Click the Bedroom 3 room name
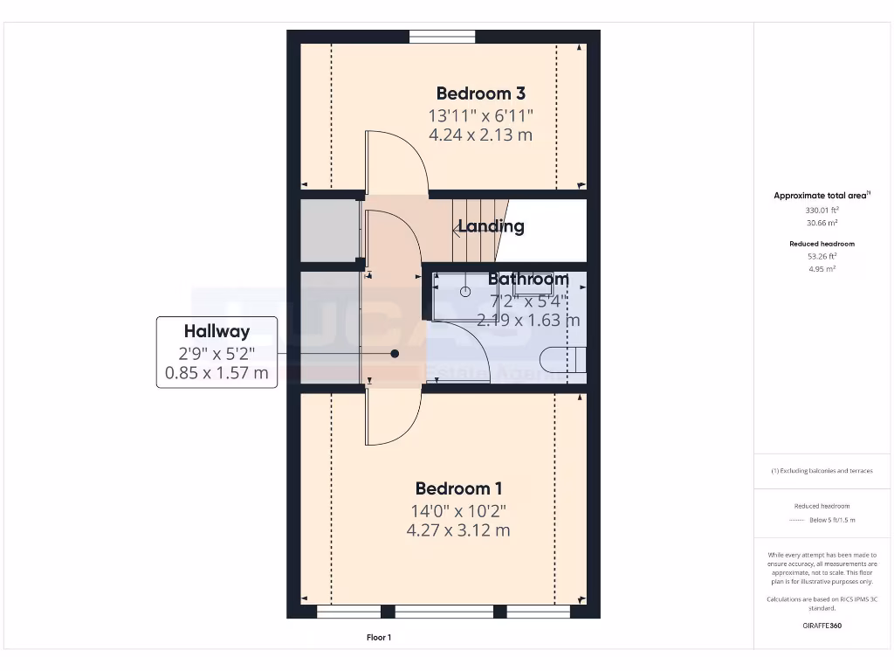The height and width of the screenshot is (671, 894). coord(480,93)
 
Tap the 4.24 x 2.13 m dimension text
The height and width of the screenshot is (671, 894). coord(480,135)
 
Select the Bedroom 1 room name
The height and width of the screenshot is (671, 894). coord(458,488)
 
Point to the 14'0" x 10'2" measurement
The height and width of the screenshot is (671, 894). coord(458,510)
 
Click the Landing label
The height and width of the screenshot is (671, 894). coord(492,227)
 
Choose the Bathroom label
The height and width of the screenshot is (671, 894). coord(527,280)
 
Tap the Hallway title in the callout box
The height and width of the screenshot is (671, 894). coord(217,331)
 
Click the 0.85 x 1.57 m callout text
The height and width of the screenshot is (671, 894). coord(217,374)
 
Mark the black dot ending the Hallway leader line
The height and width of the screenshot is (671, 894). coord(395,354)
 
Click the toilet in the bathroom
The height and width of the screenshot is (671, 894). coord(563,360)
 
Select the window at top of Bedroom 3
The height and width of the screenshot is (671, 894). coord(443,36)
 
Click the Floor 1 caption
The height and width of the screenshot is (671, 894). coord(378,638)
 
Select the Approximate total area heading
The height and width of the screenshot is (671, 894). coord(821,196)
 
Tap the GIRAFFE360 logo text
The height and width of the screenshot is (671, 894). coord(822,626)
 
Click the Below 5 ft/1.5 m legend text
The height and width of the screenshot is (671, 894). coord(833,520)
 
